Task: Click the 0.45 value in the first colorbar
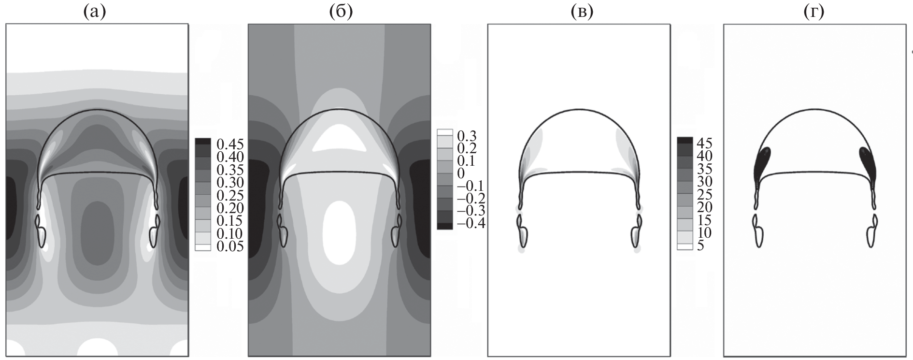[230, 144]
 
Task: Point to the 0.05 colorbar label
[230, 246]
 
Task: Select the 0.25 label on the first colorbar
[230, 196]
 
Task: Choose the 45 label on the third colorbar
[704, 144]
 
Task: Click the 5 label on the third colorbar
[700, 246]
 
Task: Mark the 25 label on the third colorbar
[704, 195]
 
